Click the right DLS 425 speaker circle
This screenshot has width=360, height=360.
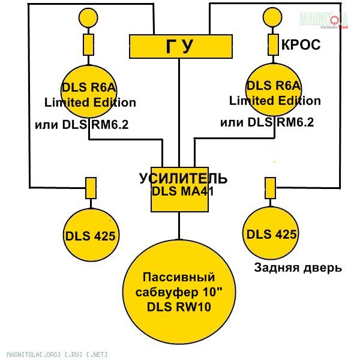[x=271, y=232]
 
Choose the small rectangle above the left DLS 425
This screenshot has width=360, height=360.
[x=91, y=188]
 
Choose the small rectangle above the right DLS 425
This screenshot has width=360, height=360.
[x=271, y=188]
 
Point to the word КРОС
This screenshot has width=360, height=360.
[x=301, y=44]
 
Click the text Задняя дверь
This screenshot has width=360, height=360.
[x=298, y=268]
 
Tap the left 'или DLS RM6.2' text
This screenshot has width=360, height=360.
[x=82, y=125]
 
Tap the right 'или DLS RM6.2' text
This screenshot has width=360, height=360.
[x=267, y=123]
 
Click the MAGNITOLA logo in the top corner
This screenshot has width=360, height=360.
[x=325, y=19]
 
